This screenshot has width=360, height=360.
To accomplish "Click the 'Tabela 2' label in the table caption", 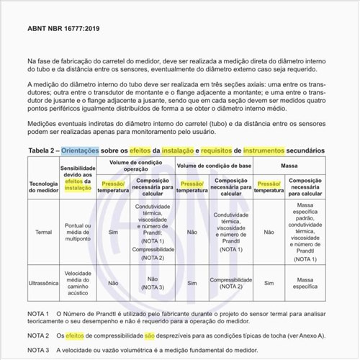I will click(x=42, y=150).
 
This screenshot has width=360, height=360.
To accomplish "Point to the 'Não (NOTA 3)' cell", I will click(x=153, y=283).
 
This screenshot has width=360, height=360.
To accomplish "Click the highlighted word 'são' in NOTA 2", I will click(x=150, y=336).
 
